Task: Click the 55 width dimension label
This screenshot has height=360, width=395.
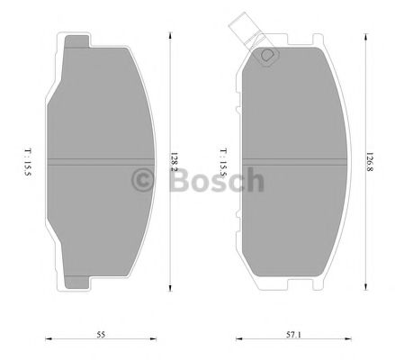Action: [102, 334]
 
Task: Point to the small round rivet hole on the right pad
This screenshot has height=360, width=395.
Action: [266, 58]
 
